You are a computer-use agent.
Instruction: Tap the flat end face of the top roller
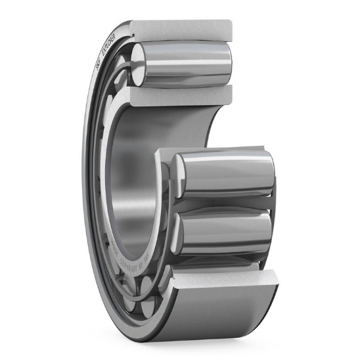139,64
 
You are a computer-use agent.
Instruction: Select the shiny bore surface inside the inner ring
131,184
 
